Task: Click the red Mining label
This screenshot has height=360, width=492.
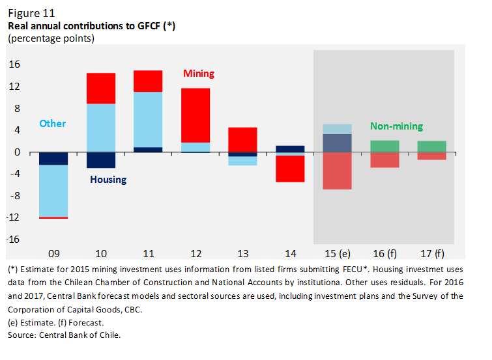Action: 199,74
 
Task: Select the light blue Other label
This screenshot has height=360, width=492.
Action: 52,123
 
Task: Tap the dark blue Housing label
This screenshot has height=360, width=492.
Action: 108,179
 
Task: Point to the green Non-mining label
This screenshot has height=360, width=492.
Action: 396,126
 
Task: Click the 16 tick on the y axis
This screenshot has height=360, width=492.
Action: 14,64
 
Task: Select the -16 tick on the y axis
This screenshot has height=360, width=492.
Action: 13,240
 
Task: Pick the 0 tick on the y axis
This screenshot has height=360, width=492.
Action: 18,152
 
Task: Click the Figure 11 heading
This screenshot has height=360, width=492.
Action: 31,13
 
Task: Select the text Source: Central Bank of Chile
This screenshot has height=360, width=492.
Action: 65,335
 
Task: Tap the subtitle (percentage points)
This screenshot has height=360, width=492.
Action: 51,38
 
